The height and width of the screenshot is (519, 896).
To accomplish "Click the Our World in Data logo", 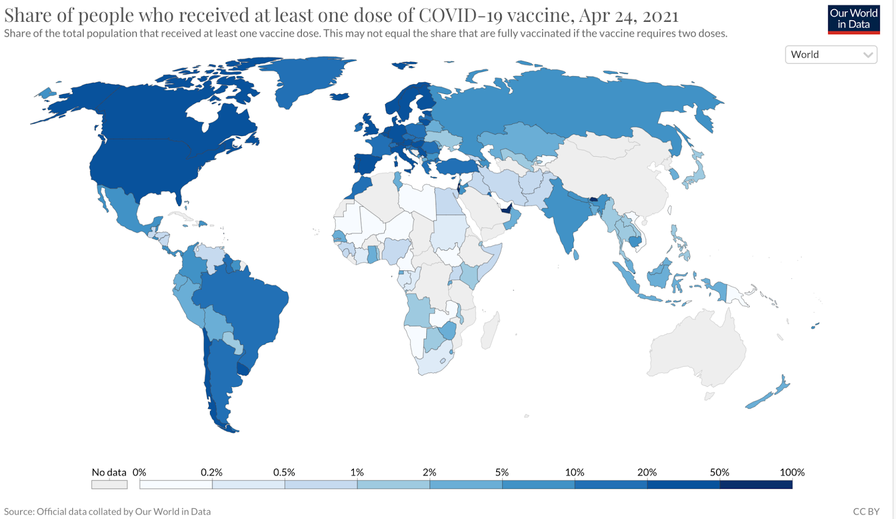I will point(853,19).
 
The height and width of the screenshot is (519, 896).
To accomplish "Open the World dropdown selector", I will point(830,54).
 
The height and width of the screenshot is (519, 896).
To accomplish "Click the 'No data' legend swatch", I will point(109,484).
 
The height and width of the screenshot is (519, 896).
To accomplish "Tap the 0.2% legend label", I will point(211,473).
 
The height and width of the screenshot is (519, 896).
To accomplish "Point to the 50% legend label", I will point(719,473).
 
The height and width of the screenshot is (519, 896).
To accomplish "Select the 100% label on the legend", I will point(791,473).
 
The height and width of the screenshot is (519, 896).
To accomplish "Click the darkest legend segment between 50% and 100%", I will point(755,484).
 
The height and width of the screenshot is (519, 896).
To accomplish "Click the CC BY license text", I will point(866,511).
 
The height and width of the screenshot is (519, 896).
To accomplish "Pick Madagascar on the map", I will point(489,330).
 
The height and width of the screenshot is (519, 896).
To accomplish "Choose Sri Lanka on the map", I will point(576,255).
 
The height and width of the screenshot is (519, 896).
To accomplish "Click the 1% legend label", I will point(357,473).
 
